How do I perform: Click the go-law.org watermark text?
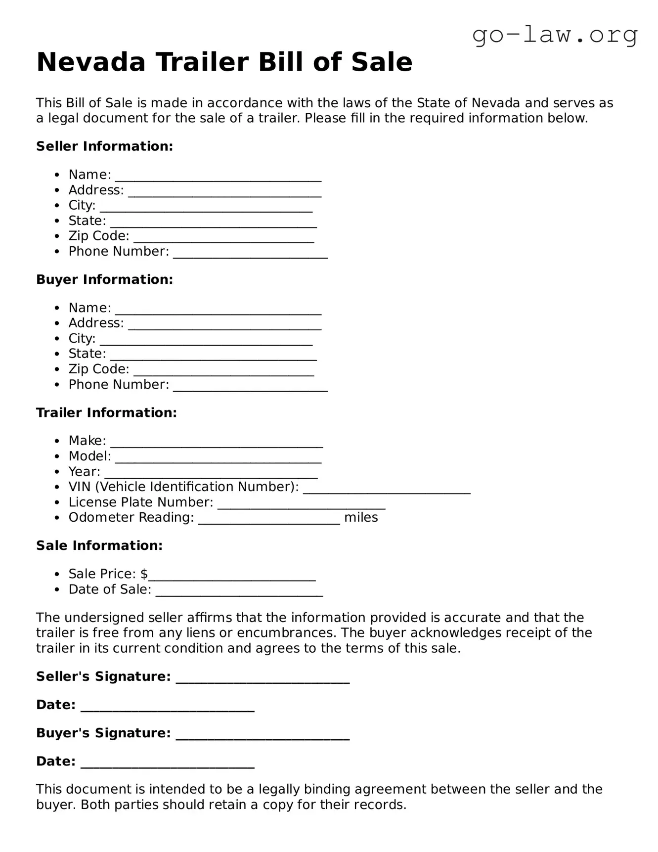pyautogui.click(x=555, y=35)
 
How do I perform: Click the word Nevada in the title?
pyautogui.click(x=91, y=62)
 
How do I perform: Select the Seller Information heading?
pyautogui.click(x=104, y=146)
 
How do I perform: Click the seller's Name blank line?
pyautogui.click(x=218, y=176)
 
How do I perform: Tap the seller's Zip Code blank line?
pyautogui.click(x=223, y=237)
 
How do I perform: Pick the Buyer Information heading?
pyautogui.click(x=104, y=279)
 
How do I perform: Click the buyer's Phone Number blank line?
pyautogui.click(x=250, y=386)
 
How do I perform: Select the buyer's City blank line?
pyautogui.click(x=206, y=340)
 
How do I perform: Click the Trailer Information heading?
pyautogui.click(x=106, y=412)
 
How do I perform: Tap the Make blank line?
pyautogui.click(x=216, y=442)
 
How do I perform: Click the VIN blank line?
pyautogui.click(x=386, y=488)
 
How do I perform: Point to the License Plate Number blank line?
pyautogui.click(x=301, y=503)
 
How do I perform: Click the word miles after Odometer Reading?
pyautogui.click(x=361, y=518)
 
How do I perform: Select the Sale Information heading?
pyautogui.click(x=99, y=545)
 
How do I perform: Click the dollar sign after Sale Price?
pyautogui.click(x=144, y=574)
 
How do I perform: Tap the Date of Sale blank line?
pyautogui.click(x=239, y=591)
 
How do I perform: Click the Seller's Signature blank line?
pyautogui.click(x=263, y=678)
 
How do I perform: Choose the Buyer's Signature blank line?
pyautogui.click(x=263, y=734)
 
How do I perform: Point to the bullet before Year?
pyautogui.click(x=58, y=472)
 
